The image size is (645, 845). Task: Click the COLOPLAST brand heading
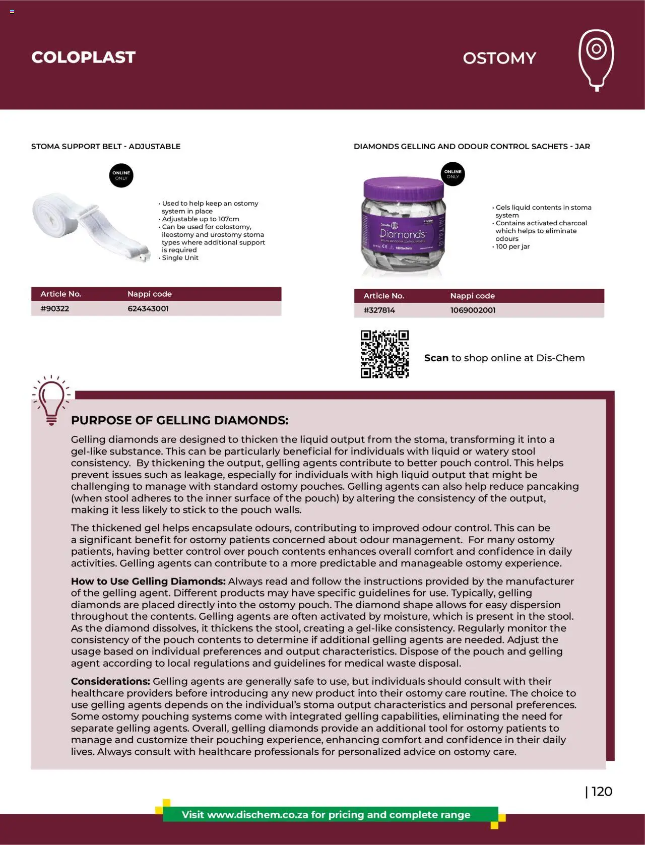click(x=83, y=57)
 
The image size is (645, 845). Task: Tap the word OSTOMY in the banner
click(x=499, y=58)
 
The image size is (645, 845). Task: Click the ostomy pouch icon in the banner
click(x=596, y=59)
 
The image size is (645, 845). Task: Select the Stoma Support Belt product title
click(x=106, y=147)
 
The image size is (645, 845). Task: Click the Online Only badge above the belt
click(x=121, y=175)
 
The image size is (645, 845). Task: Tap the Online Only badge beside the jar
click(x=453, y=174)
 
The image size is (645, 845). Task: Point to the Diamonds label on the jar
click(x=403, y=235)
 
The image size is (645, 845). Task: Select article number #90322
click(x=55, y=309)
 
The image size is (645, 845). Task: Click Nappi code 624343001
click(x=148, y=309)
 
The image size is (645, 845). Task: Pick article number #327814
click(x=379, y=310)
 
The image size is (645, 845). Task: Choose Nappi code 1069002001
click(x=473, y=310)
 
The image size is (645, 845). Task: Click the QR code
click(x=384, y=354)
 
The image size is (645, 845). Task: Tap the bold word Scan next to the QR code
click(x=436, y=358)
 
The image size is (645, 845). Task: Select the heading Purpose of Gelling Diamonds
click(x=179, y=420)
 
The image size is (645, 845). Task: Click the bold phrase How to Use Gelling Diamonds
click(x=148, y=581)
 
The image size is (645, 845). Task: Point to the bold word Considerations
click(x=110, y=681)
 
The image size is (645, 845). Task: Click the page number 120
click(x=601, y=792)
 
